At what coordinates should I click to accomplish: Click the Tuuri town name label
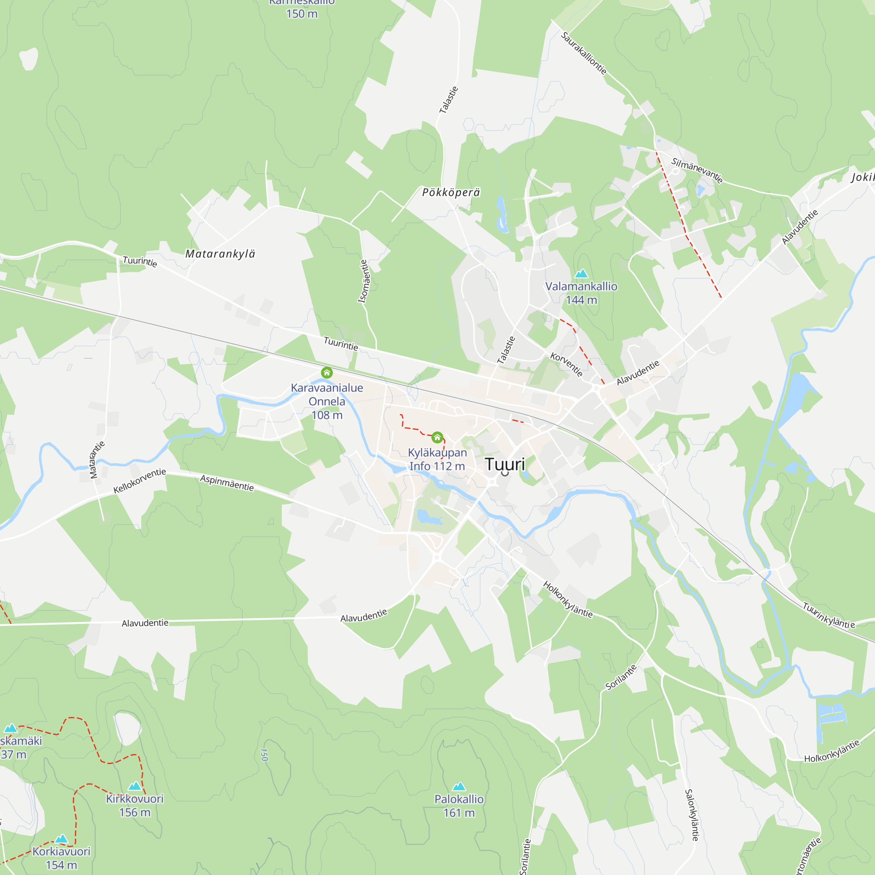(504, 464)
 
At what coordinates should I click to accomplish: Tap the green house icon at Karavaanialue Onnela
(326, 373)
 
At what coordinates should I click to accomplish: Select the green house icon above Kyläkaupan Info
(437, 437)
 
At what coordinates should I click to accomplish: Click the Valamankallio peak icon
(581, 273)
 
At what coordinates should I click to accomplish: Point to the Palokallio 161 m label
(459, 806)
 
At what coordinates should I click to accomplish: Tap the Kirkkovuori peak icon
(134, 786)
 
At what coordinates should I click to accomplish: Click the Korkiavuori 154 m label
(61, 858)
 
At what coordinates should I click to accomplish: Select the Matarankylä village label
(220, 254)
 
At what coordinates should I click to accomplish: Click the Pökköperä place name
(451, 192)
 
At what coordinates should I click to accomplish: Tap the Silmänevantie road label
(696, 170)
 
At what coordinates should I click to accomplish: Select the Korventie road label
(566, 364)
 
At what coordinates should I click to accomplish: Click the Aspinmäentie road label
(227, 483)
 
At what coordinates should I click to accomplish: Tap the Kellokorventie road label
(140, 481)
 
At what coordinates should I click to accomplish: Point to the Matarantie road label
(97, 459)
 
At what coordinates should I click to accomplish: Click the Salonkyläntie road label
(692, 815)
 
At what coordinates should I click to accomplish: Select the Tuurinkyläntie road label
(829, 616)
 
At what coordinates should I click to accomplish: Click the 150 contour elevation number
(265, 755)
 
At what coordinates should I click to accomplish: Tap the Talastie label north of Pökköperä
(448, 100)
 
